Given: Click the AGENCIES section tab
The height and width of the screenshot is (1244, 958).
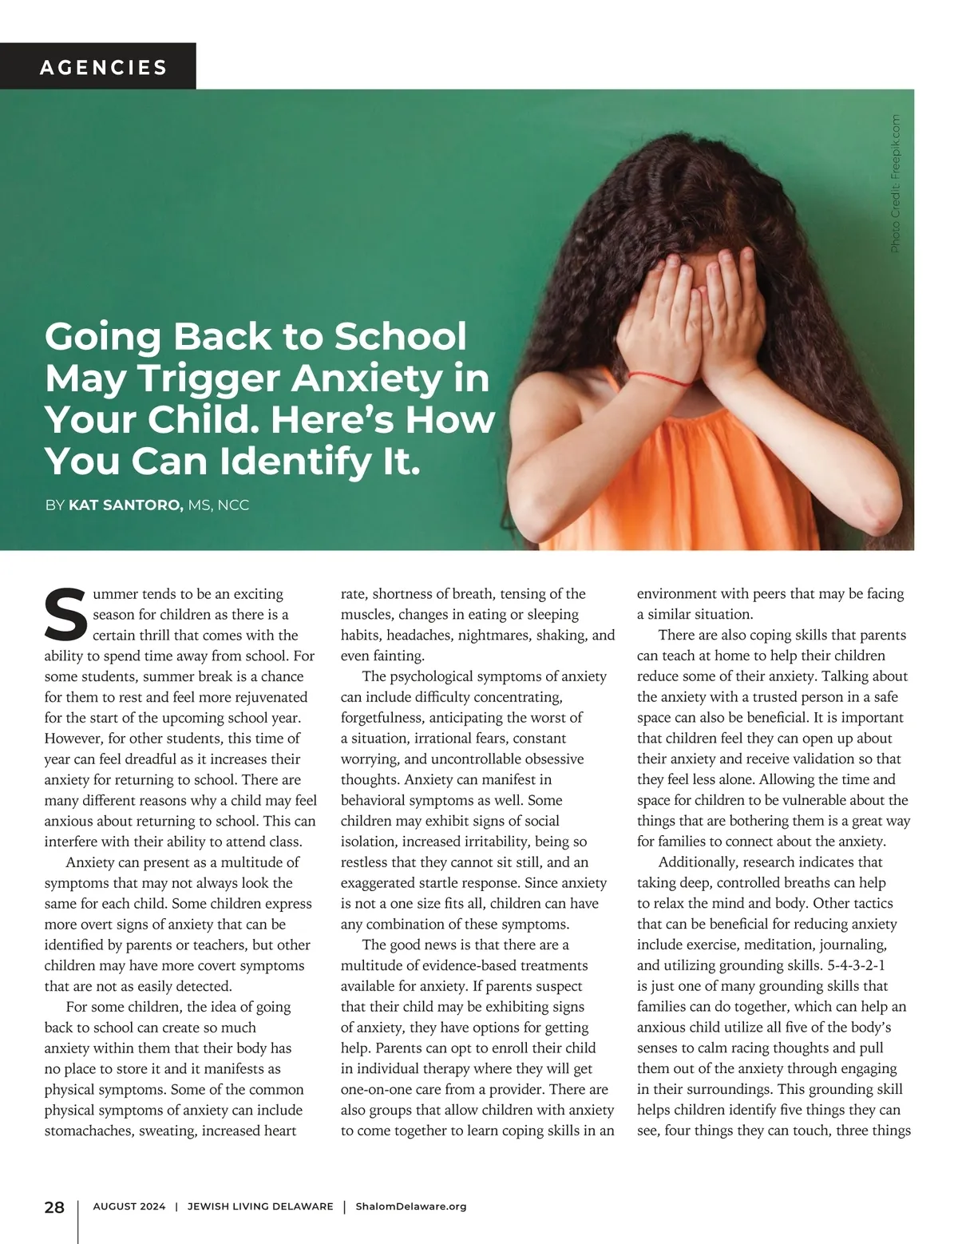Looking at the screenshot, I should coord(104,67).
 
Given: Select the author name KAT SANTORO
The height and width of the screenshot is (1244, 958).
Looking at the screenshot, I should coord(126,505).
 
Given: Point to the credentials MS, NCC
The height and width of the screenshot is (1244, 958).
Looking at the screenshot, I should coord(219,505).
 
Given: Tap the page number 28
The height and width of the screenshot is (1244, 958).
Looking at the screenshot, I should coord(54,1206).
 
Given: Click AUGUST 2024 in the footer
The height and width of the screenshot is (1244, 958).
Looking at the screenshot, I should coord(129,1206).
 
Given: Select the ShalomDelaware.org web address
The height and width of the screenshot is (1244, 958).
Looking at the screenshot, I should coord(410,1206).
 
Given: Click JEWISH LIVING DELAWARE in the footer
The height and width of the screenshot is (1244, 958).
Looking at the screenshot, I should coord(260,1206).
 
